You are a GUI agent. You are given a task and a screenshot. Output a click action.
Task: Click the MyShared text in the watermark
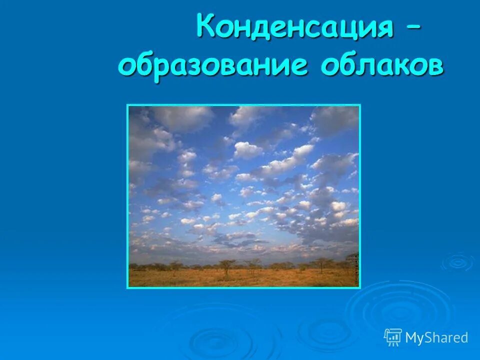click(x=436, y=337)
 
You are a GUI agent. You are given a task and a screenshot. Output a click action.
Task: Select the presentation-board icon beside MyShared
click(x=393, y=337)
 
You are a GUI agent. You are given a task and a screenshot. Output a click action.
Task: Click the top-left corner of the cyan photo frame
click(x=127, y=105)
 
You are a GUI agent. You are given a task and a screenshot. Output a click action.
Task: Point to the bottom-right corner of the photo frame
click(x=359, y=288)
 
